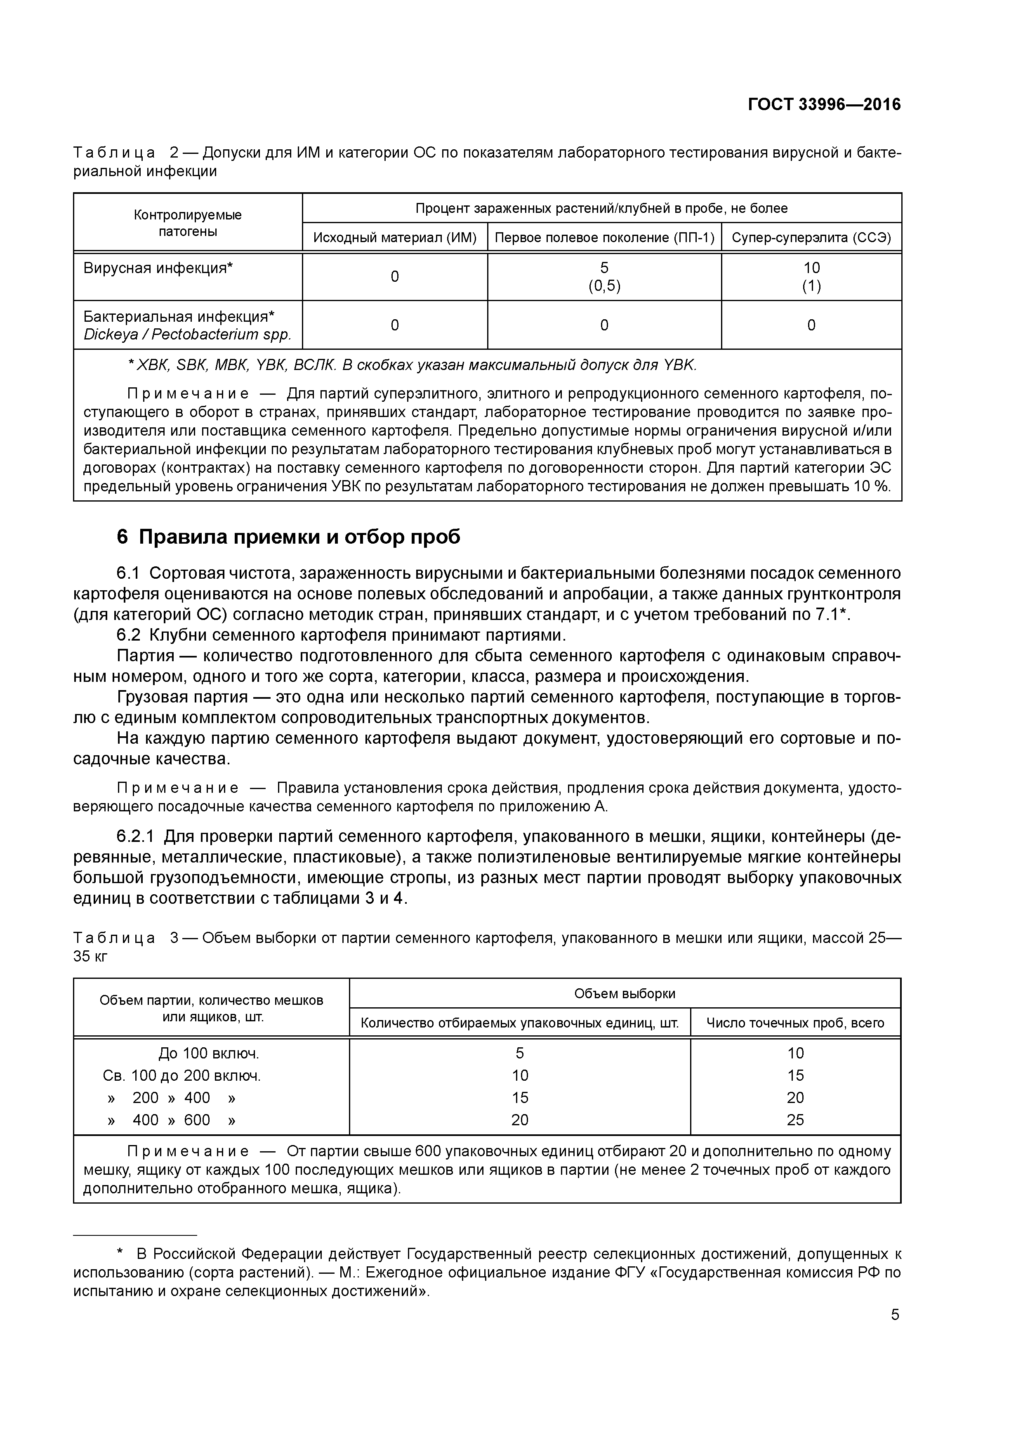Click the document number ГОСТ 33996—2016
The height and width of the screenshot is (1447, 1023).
point(824,105)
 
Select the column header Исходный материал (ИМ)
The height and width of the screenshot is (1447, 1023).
point(395,238)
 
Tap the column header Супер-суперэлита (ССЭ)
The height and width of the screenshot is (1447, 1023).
point(811,238)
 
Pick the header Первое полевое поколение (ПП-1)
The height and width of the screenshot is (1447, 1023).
point(604,238)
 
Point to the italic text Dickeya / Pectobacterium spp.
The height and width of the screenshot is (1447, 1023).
point(187,334)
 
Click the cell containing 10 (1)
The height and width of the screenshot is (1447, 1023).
point(811,277)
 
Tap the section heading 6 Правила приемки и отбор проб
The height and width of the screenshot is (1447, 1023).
point(289,536)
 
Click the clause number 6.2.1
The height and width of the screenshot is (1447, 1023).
point(136,836)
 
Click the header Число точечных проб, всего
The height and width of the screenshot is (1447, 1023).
point(795,1023)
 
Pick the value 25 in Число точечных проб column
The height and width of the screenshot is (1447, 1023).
point(795,1120)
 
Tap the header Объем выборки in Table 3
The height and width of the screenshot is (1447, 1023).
point(624,994)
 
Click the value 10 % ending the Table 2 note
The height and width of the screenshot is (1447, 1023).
point(872,487)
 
